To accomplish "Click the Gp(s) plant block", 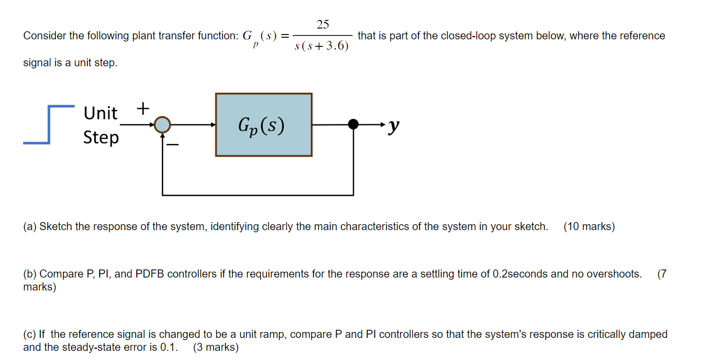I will (263, 125).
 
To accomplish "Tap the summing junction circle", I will (162, 125).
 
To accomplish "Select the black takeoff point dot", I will (353, 124).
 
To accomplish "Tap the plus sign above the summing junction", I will (143, 108).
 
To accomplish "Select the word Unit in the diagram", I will (100, 113).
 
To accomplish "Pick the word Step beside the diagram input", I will (101, 137).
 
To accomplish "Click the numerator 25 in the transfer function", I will (323, 24).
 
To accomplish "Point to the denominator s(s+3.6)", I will (322, 46).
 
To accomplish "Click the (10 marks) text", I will (589, 226).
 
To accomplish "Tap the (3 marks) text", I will (215, 347).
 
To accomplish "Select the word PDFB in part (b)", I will (149, 274).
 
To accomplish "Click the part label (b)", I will (30, 274).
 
